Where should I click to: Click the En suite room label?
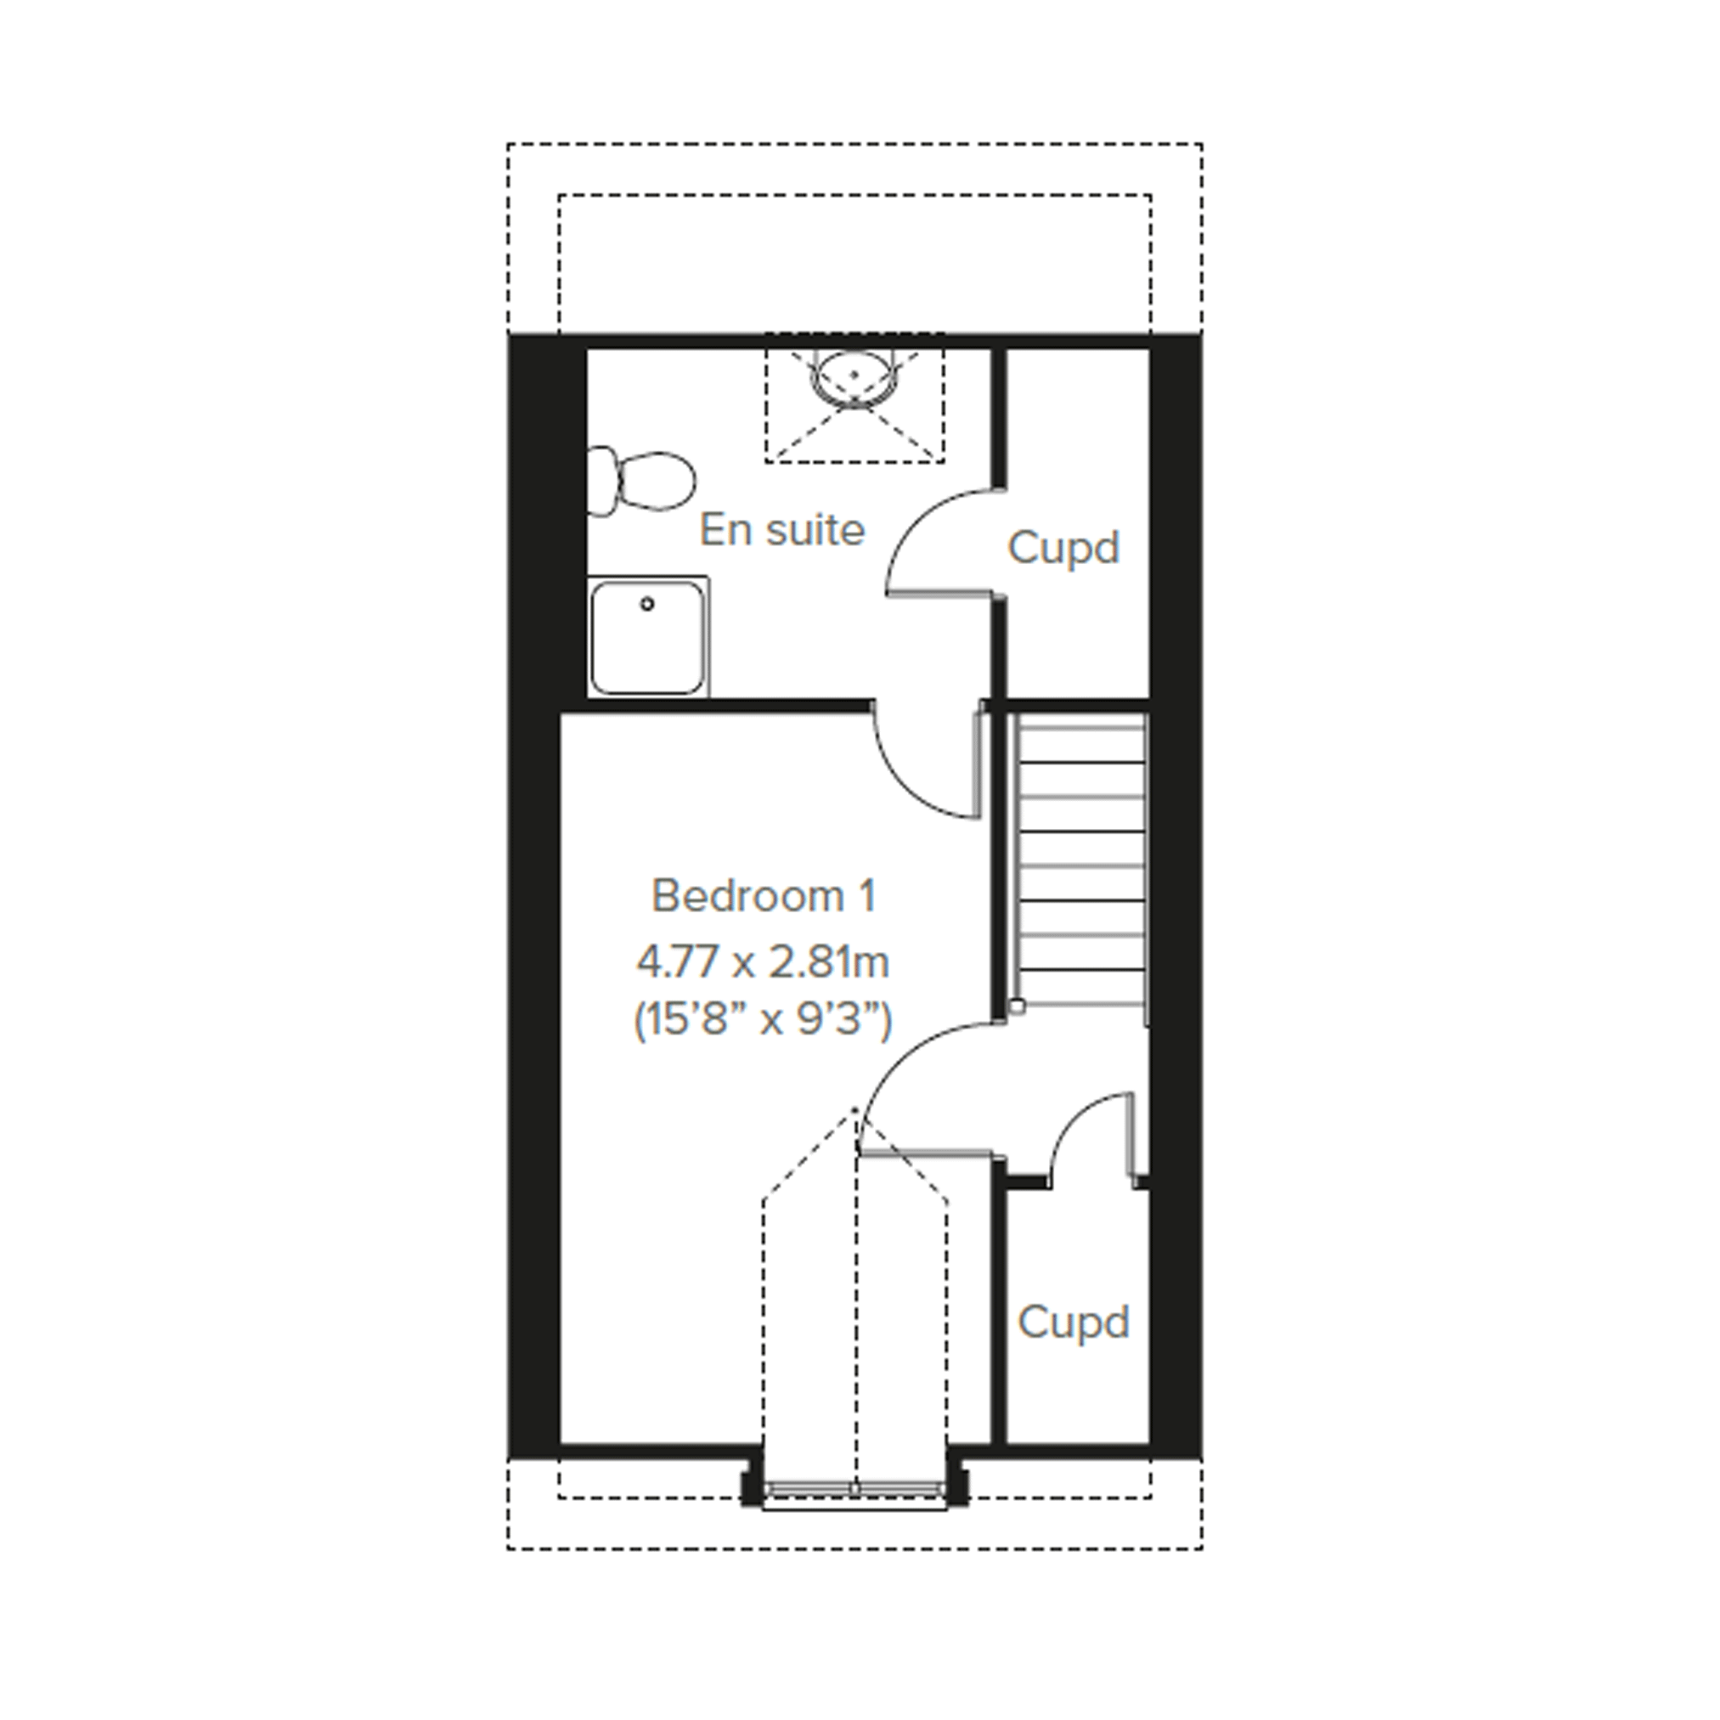[x=781, y=531]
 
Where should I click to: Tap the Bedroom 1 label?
[x=764, y=895]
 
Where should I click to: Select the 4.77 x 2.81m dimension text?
[x=763, y=962]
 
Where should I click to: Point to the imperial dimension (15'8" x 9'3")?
[x=763, y=1020]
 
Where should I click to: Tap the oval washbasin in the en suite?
[x=854, y=378]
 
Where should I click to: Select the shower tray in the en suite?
[x=648, y=636]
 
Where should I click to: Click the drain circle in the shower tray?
[x=647, y=604]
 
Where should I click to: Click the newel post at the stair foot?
[x=1017, y=1006]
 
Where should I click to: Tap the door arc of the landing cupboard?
[x=1073, y=1113]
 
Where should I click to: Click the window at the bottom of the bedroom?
[x=854, y=1488]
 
